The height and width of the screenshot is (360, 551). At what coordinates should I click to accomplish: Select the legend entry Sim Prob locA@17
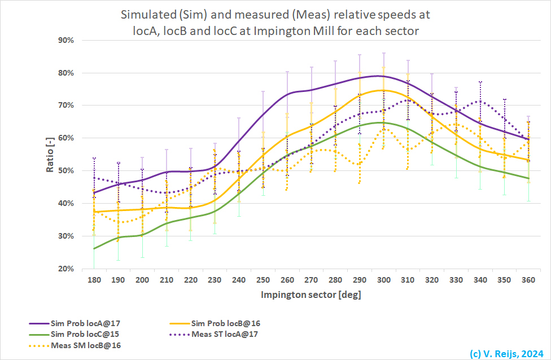[85, 323]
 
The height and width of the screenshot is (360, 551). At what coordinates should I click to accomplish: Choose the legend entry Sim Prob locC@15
[85, 334]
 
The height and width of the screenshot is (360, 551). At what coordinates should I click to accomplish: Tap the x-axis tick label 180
[94, 280]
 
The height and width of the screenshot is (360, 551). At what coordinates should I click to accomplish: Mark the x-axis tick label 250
[263, 280]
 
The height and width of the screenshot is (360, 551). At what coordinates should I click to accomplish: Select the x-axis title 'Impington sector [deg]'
[311, 295]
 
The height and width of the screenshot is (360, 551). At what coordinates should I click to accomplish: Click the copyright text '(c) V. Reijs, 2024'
[506, 353]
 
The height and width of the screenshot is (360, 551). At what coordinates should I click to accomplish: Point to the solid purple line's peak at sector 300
[382, 76]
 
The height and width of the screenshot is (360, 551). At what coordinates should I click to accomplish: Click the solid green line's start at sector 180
[94, 248]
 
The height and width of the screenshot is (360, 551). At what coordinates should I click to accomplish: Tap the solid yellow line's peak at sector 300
[383, 90]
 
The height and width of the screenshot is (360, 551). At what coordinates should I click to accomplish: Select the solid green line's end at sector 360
[528, 178]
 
